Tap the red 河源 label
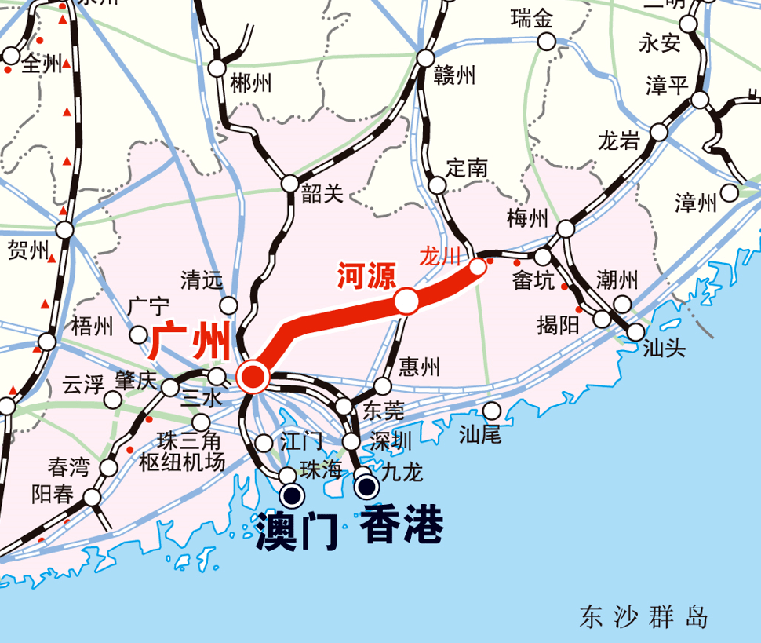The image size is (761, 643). click(366, 276)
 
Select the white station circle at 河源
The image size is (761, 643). click(406, 301)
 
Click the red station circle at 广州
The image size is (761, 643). click(253, 378)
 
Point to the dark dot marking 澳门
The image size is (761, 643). click(293, 495)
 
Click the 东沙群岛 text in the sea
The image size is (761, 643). click(643, 617)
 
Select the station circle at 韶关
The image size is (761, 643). click(290, 184)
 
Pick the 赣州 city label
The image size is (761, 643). click(455, 75)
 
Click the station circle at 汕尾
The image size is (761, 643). click(492, 411)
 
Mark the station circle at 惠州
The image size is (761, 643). click(383, 386)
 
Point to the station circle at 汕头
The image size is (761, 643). click(636, 332)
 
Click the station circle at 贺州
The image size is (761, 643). click(64, 230)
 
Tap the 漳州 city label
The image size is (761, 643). click(696, 204)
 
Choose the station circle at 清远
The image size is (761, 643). click(229, 305)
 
